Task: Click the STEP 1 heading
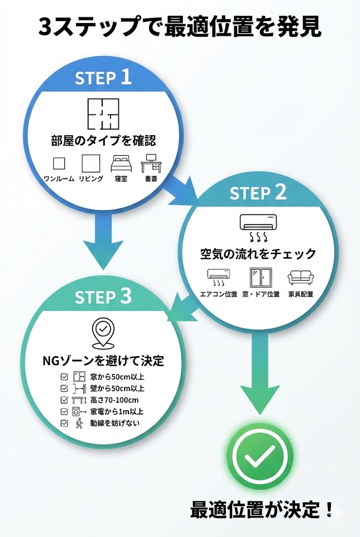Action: click(103, 78)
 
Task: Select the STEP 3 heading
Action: click(103, 297)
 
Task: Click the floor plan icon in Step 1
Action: click(103, 114)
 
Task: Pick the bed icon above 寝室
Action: click(121, 164)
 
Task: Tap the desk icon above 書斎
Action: click(151, 163)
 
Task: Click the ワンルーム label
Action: click(58, 179)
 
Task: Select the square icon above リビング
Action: click(90, 164)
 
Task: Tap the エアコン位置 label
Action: click(219, 295)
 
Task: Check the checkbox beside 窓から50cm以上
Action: click(64, 377)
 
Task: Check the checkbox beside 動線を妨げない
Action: click(64, 423)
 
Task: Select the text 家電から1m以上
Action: click(117, 412)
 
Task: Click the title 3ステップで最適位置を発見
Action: click(180, 26)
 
